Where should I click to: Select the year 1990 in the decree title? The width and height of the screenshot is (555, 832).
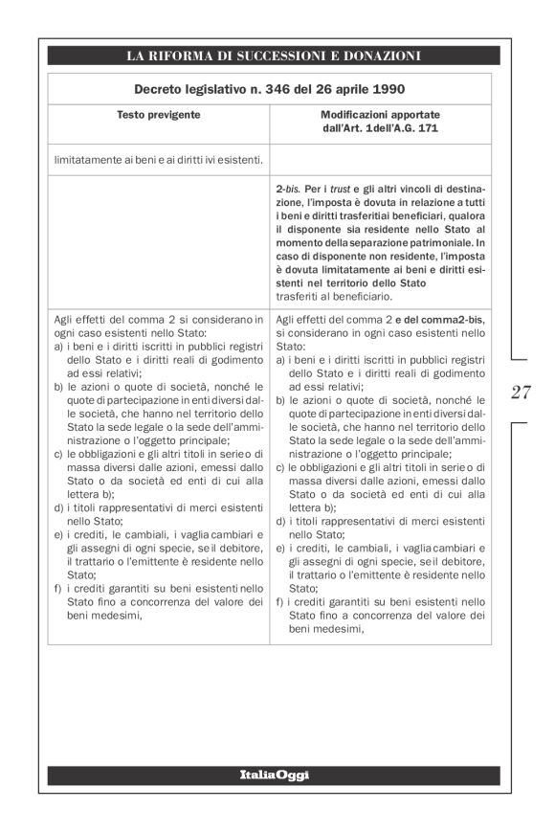point(382,89)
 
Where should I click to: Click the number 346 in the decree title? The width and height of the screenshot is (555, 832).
point(280,89)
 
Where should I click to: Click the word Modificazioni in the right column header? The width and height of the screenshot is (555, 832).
point(380,114)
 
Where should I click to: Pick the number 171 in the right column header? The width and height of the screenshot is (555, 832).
point(428,127)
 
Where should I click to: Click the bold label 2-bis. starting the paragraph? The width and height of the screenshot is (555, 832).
point(289,192)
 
